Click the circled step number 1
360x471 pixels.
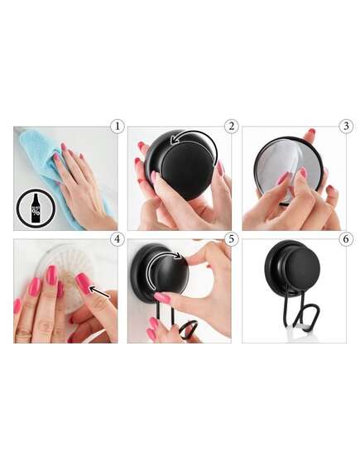[x=117, y=127]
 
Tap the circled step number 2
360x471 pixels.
[x=231, y=127]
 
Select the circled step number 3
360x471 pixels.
[x=346, y=127]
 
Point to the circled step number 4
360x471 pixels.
[x=117, y=239]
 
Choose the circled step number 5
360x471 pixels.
[x=231, y=239]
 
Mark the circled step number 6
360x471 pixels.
[x=346, y=239]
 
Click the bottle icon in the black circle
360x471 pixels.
[x=36, y=208]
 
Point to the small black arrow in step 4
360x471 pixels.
[x=99, y=291]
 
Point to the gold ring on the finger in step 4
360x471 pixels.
[x=24, y=332]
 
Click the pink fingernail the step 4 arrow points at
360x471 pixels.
[x=84, y=283]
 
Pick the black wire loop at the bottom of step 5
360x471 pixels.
[x=188, y=328]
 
